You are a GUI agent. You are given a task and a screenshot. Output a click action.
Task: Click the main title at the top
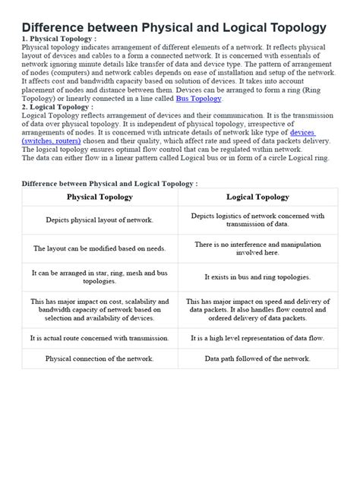tap(174, 27)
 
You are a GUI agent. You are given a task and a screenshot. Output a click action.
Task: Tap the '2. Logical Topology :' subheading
tap(57, 108)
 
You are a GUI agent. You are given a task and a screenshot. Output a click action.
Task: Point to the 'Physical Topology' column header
tap(99, 197)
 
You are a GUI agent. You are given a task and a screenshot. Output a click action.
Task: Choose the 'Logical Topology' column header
tap(257, 197)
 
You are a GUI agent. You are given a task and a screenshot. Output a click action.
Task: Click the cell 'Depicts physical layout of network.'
tap(99, 219)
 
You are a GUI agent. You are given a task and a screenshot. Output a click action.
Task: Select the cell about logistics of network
tap(257, 219)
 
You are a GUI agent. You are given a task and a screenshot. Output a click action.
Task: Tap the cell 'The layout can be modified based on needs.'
tap(99, 248)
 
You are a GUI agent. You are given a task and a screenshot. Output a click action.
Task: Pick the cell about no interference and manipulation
tap(257, 248)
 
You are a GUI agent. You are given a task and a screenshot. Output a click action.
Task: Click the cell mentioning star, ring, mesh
tap(99, 277)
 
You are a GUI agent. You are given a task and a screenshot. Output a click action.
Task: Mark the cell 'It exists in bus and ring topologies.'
tap(257, 277)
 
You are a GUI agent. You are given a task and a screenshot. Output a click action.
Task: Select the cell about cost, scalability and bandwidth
tap(99, 309)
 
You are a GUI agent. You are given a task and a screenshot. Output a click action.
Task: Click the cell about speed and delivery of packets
tap(257, 309)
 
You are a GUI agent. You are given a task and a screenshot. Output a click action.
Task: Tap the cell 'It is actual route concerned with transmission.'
tap(99, 339)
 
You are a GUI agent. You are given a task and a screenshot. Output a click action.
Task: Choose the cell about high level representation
tap(257, 339)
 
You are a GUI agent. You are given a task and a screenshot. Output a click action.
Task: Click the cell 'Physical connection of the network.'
tap(99, 358)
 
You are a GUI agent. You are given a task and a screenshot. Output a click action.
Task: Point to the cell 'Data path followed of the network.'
tap(257, 358)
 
